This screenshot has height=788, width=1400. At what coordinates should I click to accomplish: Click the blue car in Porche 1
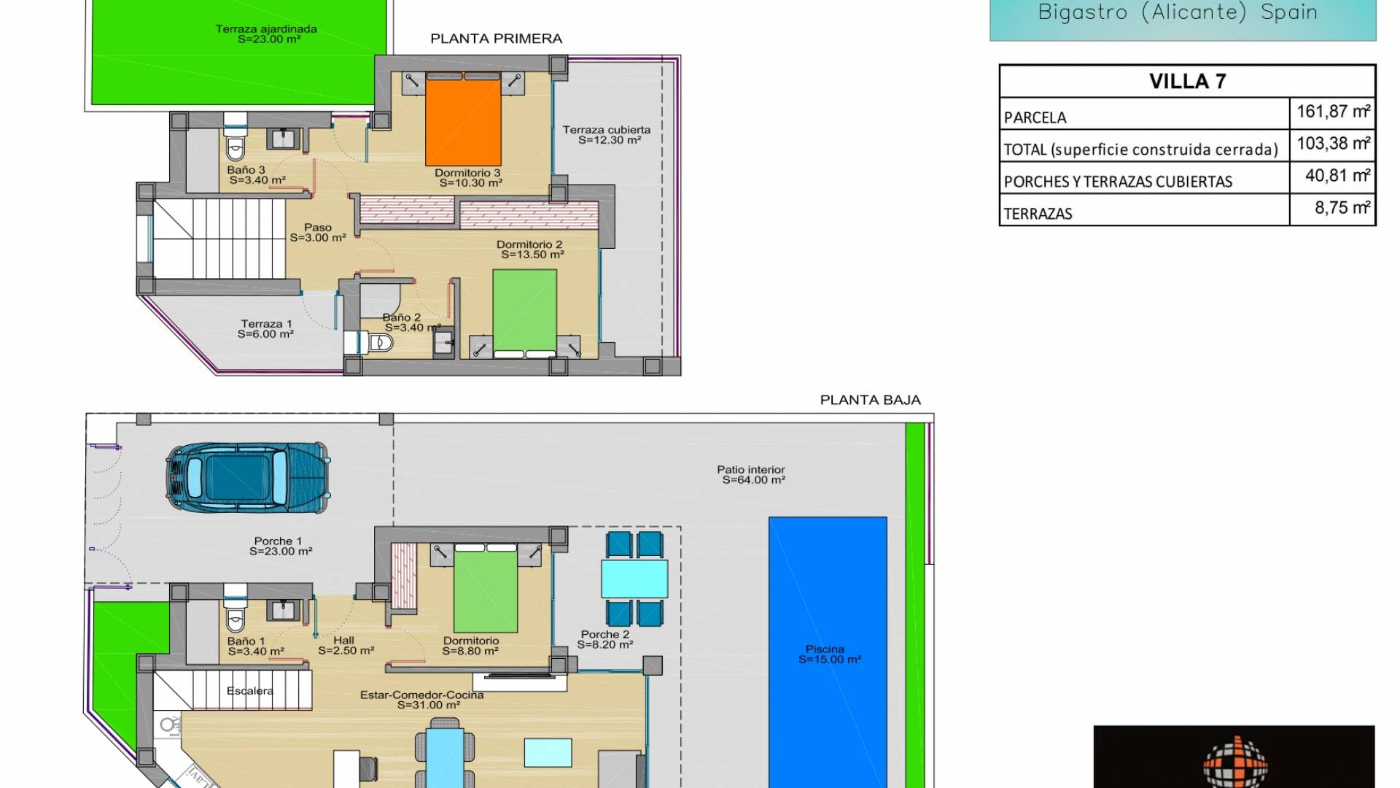click(x=247, y=477)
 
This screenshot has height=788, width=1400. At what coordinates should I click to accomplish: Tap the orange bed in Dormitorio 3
click(x=463, y=123)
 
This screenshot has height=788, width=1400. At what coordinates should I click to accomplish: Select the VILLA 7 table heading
click(x=1187, y=81)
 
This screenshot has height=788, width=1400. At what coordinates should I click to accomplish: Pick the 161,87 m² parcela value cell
click(x=1332, y=112)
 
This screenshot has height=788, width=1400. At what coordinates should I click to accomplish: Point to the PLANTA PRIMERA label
click(x=496, y=39)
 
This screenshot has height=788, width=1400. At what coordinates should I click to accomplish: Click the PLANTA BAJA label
click(x=870, y=400)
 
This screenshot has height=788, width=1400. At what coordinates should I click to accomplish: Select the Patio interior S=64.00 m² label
click(x=752, y=475)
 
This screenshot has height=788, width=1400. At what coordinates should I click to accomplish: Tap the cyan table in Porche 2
click(x=634, y=579)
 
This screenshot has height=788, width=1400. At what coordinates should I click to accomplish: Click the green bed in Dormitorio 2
click(x=524, y=311)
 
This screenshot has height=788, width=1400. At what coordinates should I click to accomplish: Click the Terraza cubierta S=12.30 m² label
click(x=607, y=135)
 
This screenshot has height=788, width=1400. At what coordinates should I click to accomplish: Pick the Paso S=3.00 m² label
click(x=318, y=233)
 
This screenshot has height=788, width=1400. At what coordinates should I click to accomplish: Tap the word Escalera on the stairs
click(x=249, y=691)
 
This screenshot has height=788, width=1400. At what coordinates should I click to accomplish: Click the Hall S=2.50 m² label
click(x=346, y=646)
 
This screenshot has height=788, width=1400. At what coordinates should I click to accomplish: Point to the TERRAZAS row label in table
click(x=1038, y=214)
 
